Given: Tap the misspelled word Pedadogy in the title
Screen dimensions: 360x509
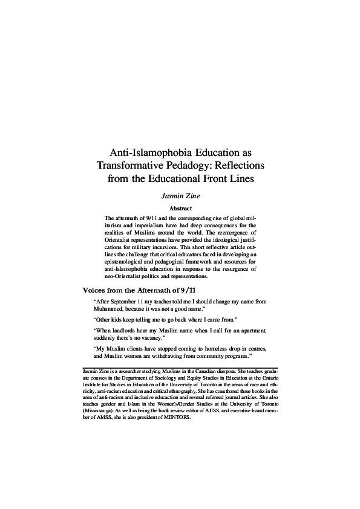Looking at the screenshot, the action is click(194, 164).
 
